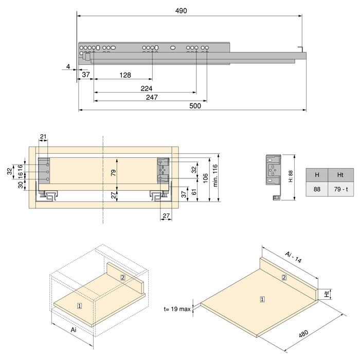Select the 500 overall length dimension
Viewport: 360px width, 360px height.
[194, 105]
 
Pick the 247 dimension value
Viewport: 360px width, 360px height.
[151, 97]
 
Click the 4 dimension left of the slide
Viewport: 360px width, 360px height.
[68, 66]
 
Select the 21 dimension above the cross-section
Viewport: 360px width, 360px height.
[43, 136]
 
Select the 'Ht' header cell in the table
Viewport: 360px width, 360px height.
[340, 175]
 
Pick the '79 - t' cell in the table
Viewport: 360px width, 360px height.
[340, 189]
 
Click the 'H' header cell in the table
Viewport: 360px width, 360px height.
[317, 175]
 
